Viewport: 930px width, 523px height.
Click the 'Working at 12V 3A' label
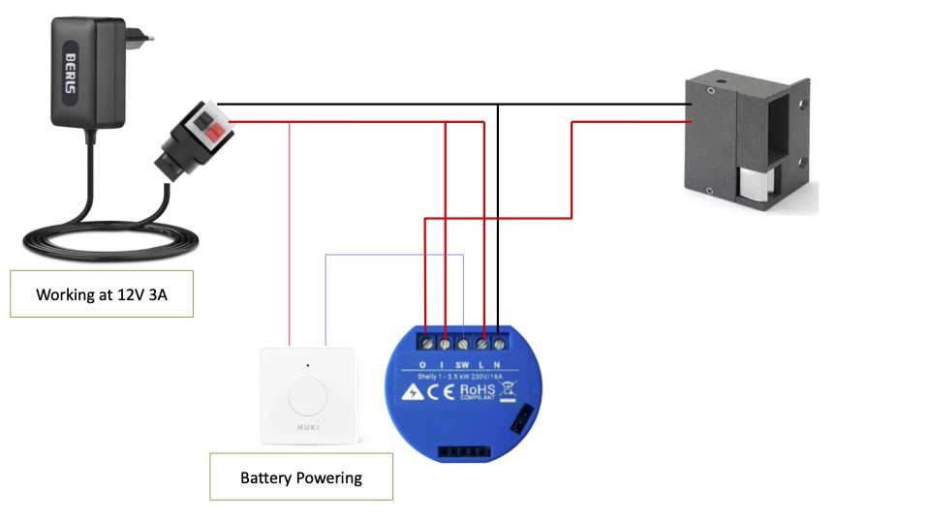102,294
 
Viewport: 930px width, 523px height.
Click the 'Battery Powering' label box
301,477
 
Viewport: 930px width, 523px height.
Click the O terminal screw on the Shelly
426,343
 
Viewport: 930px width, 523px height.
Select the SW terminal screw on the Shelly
463,343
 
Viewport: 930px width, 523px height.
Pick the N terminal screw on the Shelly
499,343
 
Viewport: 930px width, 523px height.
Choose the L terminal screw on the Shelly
481,343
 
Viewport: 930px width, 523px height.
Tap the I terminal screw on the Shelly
445,343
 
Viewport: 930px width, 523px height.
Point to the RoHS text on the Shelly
479,390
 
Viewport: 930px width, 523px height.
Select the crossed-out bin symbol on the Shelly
507,391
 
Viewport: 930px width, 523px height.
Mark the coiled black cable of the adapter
97,237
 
